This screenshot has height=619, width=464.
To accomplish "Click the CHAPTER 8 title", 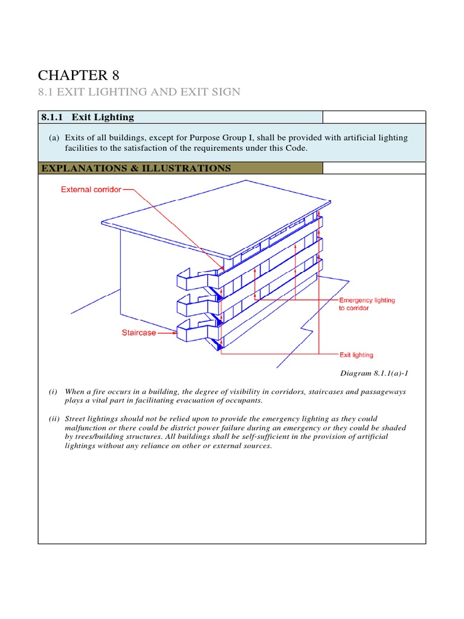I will pos(79,75).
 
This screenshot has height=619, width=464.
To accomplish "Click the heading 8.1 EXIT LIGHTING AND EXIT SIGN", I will pos(139,92).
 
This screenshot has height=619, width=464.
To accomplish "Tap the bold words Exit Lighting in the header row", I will pos(103,117).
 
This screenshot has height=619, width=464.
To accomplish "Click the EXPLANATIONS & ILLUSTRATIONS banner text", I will pos(135,168).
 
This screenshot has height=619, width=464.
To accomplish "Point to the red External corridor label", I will pos(91,189).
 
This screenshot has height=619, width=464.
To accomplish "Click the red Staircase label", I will pos(137,332).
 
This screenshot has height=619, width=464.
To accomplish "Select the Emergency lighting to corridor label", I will pos(367,304).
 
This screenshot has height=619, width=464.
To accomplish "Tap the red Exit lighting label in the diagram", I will pos(356,355).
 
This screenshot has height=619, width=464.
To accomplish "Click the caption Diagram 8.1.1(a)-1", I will pos(375,373).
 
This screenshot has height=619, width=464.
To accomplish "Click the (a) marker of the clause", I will pos(54,138).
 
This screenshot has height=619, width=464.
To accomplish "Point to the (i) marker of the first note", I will pos(53,392).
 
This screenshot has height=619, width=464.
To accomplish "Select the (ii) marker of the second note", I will pos(54,419).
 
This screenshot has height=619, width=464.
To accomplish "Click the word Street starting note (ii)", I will pos(76,419).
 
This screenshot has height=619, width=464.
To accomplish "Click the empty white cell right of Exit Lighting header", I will pos(374,117).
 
